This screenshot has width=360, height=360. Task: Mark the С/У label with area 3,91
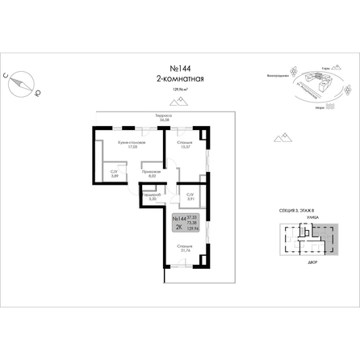coord(190,196)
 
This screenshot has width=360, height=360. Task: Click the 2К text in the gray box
coord(178,228)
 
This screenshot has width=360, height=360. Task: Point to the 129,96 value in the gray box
coord(192,232)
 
